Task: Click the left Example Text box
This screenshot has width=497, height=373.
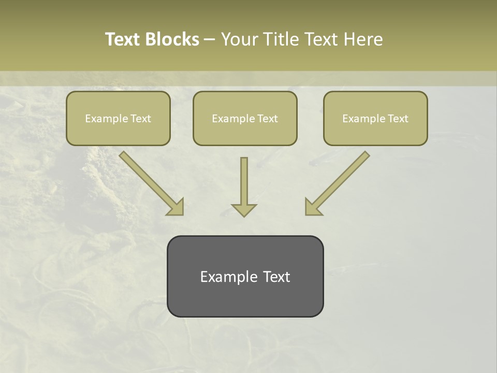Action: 118,118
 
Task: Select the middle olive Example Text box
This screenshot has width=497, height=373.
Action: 245,118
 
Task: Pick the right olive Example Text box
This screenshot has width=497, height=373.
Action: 375,118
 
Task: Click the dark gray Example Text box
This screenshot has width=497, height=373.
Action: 245,276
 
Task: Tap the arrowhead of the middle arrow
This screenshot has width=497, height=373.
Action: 244,209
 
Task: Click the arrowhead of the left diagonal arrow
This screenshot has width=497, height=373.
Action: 176,207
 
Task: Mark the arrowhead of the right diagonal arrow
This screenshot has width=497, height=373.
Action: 313,207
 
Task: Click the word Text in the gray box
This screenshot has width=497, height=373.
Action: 276,277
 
